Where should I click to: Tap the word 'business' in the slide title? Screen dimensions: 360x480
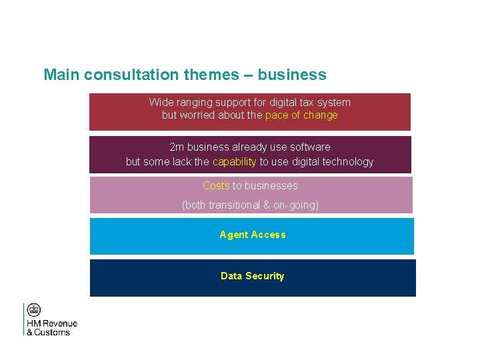(x=292, y=75)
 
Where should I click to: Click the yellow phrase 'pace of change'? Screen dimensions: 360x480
(x=301, y=115)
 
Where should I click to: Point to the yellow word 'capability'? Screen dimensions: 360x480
(x=234, y=162)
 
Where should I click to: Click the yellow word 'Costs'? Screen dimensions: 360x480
(x=216, y=186)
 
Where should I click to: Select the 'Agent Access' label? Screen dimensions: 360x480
(x=252, y=235)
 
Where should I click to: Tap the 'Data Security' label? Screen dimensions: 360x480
(x=252, y=276)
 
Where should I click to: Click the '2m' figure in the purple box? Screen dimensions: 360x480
(x=177, y=147)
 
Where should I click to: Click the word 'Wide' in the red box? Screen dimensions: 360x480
(x=161, y=103)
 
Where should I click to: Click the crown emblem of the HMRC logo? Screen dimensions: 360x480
(x=34, y=310)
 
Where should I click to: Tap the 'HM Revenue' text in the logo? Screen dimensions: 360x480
(x=52, y=324)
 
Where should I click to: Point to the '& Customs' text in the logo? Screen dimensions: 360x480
(x=48, y=333)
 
